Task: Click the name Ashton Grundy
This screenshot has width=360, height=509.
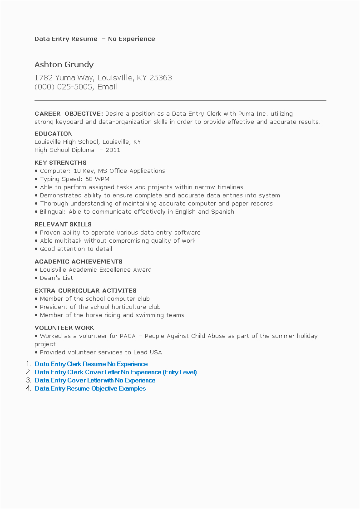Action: (x=64, y=64)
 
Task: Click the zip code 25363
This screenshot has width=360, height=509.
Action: (x=161, y=78)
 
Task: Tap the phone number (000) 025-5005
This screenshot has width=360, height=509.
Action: (x=64, y=87)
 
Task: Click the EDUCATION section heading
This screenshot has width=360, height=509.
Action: (x=54, y=133)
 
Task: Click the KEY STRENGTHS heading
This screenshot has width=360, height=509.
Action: (x=60, y=162)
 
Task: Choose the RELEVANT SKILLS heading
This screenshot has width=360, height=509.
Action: (x=63, y=224)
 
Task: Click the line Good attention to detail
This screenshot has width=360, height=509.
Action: (x=76, y=249)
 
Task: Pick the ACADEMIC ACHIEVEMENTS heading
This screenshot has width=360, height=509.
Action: (x=79, y=261)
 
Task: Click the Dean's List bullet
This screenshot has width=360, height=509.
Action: (x=56, y=278)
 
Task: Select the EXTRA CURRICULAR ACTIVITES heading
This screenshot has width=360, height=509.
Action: (x=85, y=290)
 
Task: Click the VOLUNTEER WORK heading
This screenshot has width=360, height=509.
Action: (x=64, y=328)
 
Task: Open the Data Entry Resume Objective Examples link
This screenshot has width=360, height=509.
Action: (x=90, y=388)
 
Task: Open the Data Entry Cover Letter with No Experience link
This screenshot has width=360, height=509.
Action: (x=95, y=380)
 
